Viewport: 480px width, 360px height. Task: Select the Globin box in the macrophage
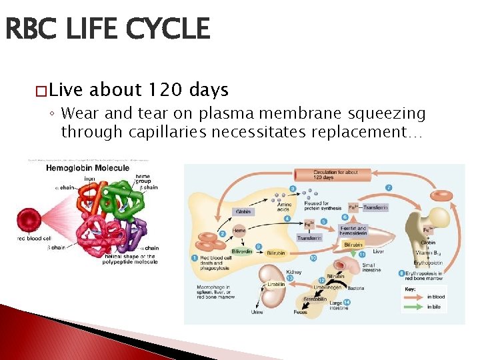(244, 212)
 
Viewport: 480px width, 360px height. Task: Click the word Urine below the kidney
(257, 311)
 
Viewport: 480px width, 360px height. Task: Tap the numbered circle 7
(388, 187)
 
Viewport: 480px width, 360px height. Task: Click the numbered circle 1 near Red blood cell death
(195, 258)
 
